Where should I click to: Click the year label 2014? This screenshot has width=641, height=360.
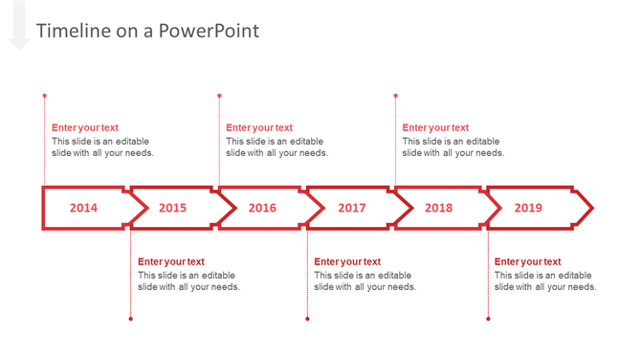click(x=83, y=208)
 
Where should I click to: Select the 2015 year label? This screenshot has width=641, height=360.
click(x=172, y=208)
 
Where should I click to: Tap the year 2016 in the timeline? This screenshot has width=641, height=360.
click(x=262, y=208)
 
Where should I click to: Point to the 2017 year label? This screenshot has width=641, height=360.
click(x=351, y=208)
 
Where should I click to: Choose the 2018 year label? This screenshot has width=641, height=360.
click(x=438, y=208)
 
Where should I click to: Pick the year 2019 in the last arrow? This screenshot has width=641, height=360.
click(x=528, y=208)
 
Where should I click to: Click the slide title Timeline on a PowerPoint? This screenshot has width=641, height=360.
click(x=147, y=31)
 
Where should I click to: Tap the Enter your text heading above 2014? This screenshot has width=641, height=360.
click(x=85, y=127)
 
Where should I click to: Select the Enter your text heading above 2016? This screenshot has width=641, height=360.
click(x=259, y=127)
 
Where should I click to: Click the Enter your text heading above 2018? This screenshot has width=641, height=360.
click(x=435, y=127)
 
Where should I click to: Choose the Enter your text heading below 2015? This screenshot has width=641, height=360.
click(x=171, y=261)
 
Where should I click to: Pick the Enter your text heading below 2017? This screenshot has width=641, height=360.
click(x=347, y=261)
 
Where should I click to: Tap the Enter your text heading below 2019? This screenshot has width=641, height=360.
click(x=527, y=261)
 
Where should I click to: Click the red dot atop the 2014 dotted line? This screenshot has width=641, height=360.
click(x=44, y=96)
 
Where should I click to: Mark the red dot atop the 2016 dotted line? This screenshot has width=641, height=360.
click(x=219, y=96)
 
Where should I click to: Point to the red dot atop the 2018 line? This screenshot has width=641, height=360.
click(x=395, y=96)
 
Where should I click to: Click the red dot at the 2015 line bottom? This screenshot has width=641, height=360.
click(x=131, y=319)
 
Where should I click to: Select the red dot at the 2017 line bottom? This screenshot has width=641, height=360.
click(x=307, y=319)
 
